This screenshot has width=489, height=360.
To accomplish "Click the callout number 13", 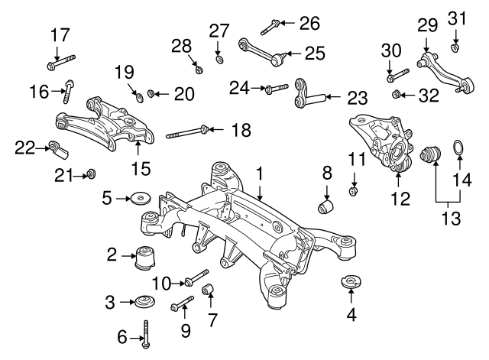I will click(x=452, y=219).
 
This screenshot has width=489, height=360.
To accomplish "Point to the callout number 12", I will click(x=397, y=200).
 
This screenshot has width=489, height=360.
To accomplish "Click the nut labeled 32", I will click(x=397, y=95).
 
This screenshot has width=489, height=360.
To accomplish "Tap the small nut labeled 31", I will click(x=455, y=49).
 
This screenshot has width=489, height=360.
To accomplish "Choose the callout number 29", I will click(x=426, y=26).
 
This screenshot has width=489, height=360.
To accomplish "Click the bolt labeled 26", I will click(x=270, y=28).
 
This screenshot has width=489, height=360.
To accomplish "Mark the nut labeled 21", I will click(x=90, y=175).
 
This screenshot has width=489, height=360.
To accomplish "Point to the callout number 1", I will click(x=260, y=174).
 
